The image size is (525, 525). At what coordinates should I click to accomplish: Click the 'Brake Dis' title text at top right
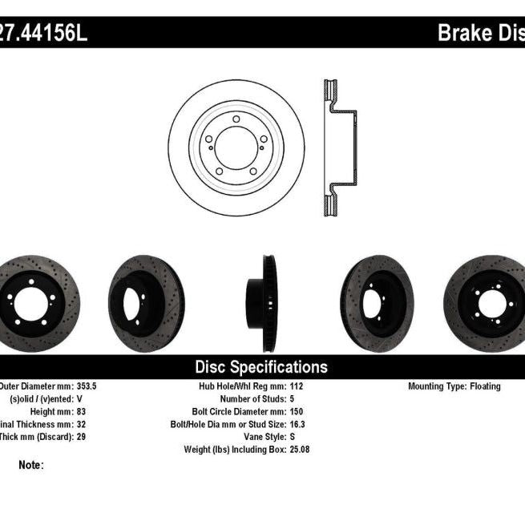(480, 33)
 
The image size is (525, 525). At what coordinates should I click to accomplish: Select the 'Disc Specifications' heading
(261, 367)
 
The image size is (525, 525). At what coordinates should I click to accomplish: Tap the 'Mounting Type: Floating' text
(454, 386)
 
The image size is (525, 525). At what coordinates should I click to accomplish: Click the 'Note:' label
(30, 465)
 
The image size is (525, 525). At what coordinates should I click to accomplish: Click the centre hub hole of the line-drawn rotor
(236, 147)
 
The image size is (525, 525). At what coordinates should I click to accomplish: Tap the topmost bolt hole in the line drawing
(236, 119)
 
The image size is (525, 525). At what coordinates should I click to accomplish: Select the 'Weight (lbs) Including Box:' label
(228, 450)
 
